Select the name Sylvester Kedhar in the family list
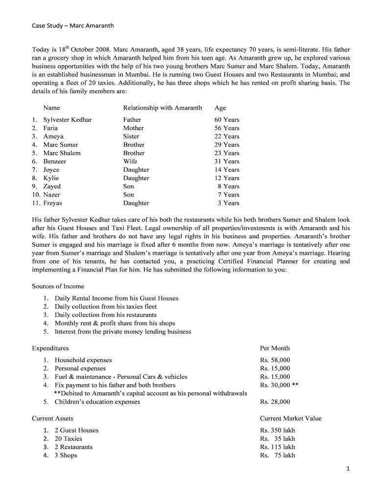coord(67,120)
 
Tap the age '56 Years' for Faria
coord(227,128)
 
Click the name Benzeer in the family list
coord(54,161)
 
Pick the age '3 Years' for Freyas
coord(229,203)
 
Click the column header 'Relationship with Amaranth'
coord(162,108)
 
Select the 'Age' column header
coord(220,108)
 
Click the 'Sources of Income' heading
coord(58,286)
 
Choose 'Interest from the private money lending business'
coord(122,332)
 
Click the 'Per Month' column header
coord(275,348)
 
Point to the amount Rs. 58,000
coord(275,360)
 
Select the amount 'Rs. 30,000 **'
coord(279,385)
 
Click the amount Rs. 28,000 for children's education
coord(275,402)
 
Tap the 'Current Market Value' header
coord(290,418)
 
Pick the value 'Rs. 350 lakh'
coord(278,431)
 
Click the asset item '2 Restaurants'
coord(73,447)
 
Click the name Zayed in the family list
coord(52,186)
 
